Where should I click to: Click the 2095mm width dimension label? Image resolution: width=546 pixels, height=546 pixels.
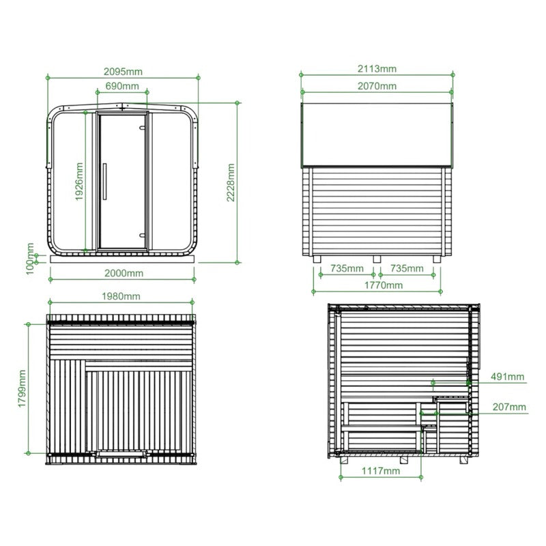tap(123, 72)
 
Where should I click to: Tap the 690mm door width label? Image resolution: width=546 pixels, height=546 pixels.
tap(122, 86)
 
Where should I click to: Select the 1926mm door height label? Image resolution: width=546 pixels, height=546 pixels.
tap(80, 182)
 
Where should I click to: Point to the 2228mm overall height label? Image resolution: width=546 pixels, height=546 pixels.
tap(231, 182)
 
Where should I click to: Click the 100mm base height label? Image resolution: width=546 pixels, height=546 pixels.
tap(30, 259)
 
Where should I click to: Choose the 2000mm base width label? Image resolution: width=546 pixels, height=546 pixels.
tap(124, 273)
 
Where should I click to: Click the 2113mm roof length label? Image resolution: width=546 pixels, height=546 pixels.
tap(377, 69)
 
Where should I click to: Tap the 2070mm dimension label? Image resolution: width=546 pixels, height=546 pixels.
tap(377, 86)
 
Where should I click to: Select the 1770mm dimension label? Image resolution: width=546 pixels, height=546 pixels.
tap(384, 285)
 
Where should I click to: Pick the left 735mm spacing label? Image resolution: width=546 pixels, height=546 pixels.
tap(347, 268)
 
